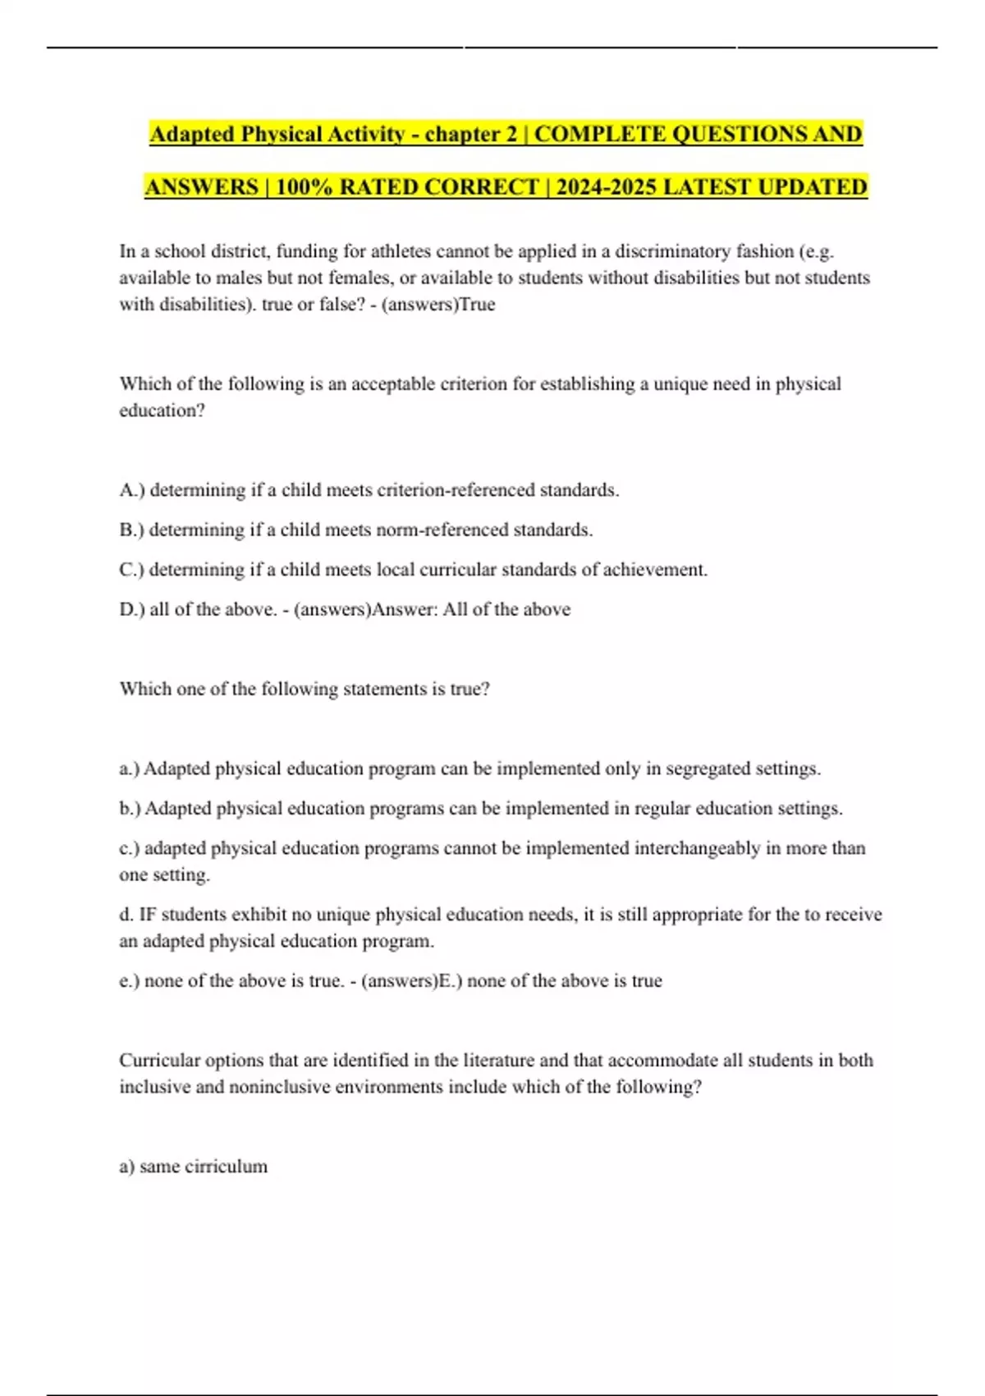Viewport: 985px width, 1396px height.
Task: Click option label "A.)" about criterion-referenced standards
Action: pos(131,490)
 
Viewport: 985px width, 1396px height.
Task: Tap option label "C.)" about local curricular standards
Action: pos(131,570)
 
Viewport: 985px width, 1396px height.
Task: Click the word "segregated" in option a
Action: pos(708,769)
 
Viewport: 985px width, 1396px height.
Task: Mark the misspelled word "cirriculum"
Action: pos(226,1167)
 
